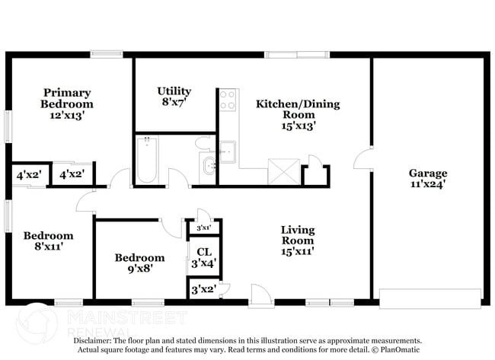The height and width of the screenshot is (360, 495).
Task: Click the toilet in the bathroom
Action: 203,142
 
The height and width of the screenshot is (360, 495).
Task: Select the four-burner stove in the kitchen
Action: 228,100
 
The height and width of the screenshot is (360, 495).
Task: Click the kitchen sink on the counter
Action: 227,151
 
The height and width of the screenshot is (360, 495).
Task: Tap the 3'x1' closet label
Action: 203,228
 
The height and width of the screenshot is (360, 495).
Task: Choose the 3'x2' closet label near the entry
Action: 202,289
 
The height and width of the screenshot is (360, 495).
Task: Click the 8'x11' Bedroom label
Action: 47,241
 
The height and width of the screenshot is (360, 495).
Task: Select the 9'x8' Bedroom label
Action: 139,263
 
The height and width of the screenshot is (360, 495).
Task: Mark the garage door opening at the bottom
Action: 430,298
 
